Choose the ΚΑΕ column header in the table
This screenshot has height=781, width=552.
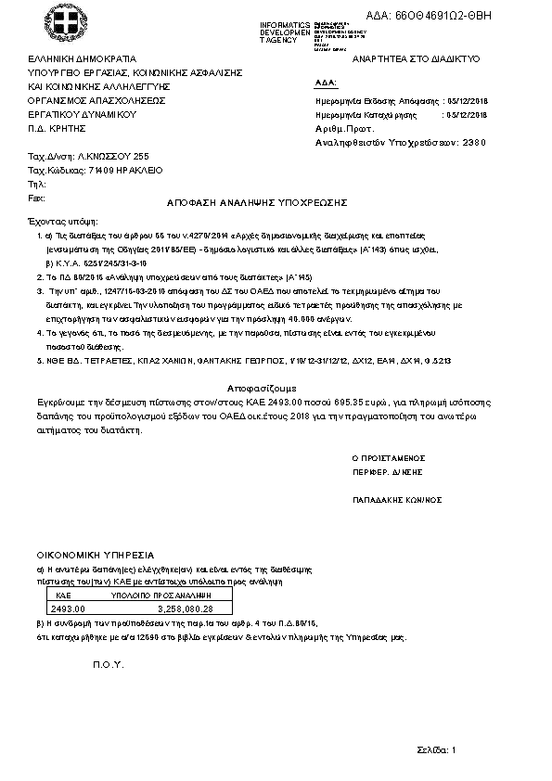[64, 595]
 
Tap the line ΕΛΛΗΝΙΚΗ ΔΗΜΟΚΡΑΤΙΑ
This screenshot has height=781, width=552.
[82, 58]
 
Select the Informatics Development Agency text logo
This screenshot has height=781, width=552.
[287, 31]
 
